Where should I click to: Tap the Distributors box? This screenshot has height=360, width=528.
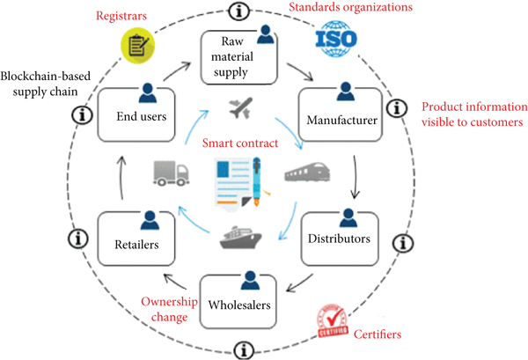tap(338, 233)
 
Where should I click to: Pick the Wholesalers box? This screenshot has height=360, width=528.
tap(238, 300)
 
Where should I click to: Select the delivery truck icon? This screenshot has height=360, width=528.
tap(171, 172)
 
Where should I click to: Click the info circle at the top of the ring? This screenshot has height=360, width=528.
tap(238, 11)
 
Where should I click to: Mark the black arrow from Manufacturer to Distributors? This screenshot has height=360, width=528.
tap(355, 177)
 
